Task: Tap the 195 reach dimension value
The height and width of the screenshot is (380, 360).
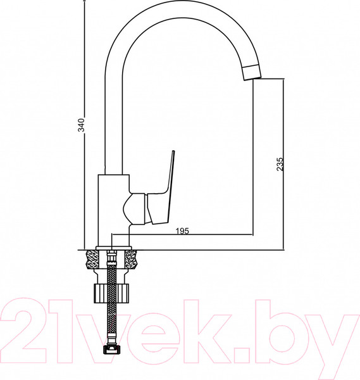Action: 182,231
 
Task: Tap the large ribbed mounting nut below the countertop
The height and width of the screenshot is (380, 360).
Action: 112,294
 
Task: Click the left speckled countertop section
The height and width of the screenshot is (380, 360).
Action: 90,258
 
